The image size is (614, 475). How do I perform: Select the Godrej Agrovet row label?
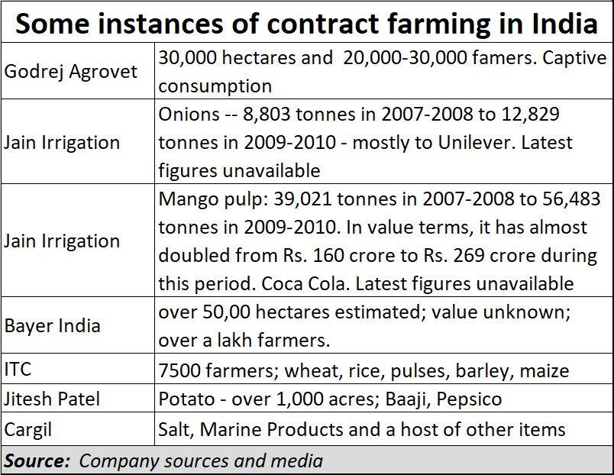pos(71,71)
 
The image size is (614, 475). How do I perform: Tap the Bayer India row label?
pos(52,325)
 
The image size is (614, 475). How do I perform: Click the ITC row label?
pos(18,370)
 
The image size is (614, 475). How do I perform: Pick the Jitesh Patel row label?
pos(52,399)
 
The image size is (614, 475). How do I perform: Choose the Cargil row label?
pos(28,428)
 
